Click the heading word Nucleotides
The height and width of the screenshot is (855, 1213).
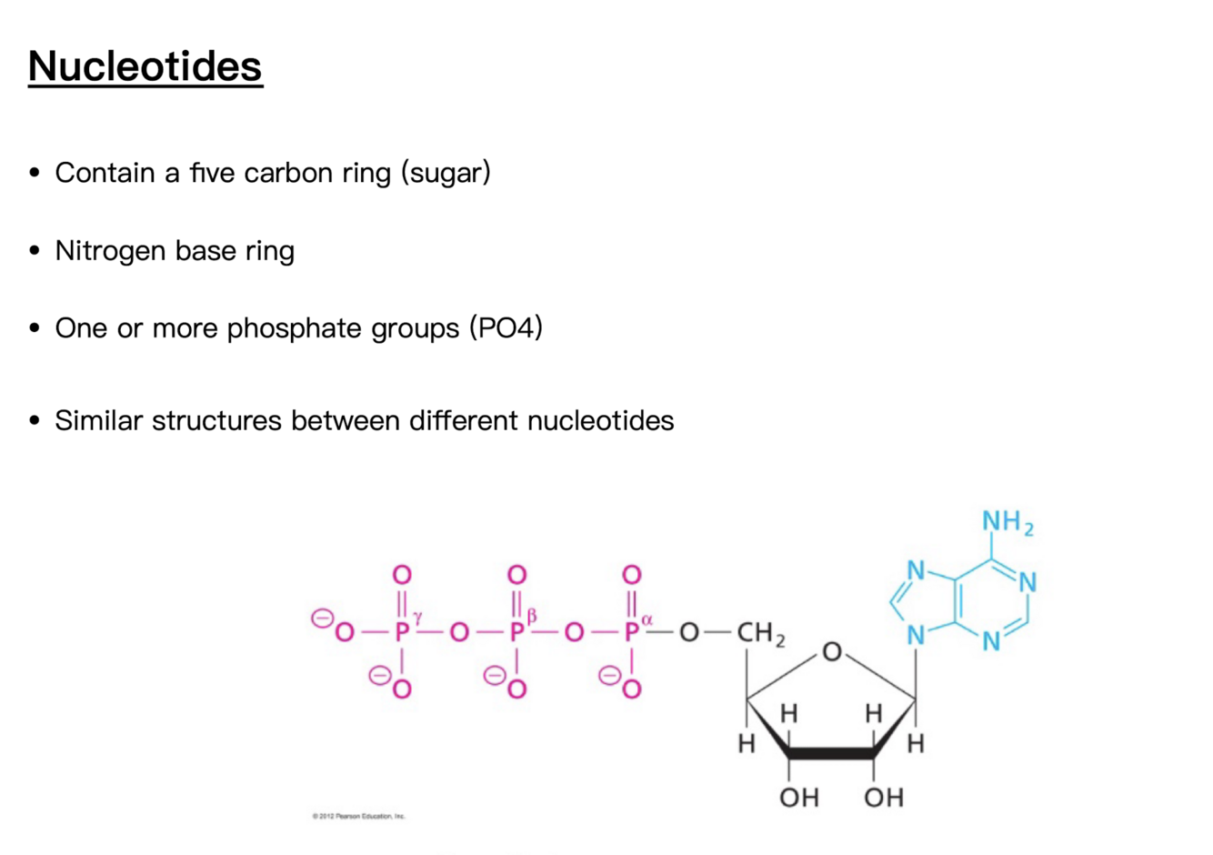[145, 66]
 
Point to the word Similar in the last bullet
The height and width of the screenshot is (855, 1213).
[98, 420]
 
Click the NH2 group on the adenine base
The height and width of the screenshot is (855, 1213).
[1007, 523]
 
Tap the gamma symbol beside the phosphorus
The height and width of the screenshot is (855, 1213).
[417, 619]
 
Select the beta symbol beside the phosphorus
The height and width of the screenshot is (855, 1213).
[532, 619]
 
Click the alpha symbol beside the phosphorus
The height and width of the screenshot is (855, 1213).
[647, 619]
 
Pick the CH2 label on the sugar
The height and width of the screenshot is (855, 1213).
[760, 633]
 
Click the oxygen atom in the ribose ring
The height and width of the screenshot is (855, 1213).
[832, 652]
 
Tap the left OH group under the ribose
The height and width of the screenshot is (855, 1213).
[799, 798]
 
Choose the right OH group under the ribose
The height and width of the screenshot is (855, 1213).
[883, 798]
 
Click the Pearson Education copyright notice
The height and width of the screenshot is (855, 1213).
[358, 816]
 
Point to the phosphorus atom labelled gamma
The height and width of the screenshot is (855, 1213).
[402, 632]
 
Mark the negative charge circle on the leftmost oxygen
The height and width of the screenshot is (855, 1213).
[321, 619]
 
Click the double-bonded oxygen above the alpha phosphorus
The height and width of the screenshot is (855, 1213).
[631, 575]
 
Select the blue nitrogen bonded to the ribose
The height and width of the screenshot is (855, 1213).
[916, 635]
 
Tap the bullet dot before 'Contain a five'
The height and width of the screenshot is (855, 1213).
[35, 172]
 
